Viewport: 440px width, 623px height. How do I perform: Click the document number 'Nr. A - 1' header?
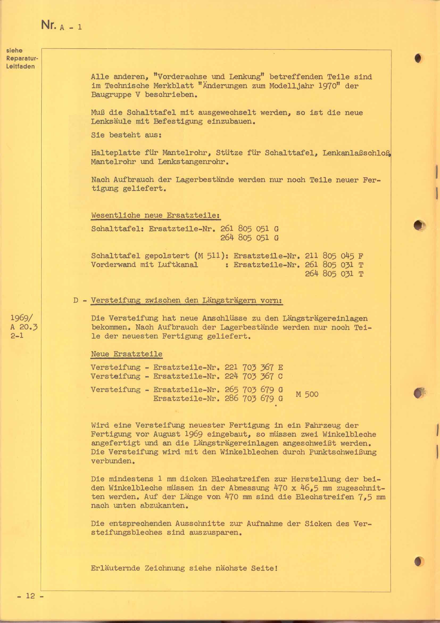pos(61,26)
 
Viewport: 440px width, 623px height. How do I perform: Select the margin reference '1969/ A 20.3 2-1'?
pos(24,327)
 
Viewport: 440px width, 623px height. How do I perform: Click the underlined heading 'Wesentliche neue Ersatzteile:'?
pos(155,215)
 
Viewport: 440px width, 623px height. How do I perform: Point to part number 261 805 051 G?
pos(249,229)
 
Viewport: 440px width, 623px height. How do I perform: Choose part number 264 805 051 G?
pos(249,238)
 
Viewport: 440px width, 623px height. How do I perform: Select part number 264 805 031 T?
pos(334,274)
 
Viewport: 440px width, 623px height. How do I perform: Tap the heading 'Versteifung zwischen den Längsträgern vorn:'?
pos(187,300)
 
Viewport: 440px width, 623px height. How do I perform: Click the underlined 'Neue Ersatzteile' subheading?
pos(127,354)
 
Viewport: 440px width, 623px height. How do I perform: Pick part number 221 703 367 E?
pos(254,367)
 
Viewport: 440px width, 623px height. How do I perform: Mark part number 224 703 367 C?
pos(254,376)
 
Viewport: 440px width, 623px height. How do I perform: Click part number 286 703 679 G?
pos(254,399)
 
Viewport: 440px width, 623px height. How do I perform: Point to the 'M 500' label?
pos(307,394)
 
